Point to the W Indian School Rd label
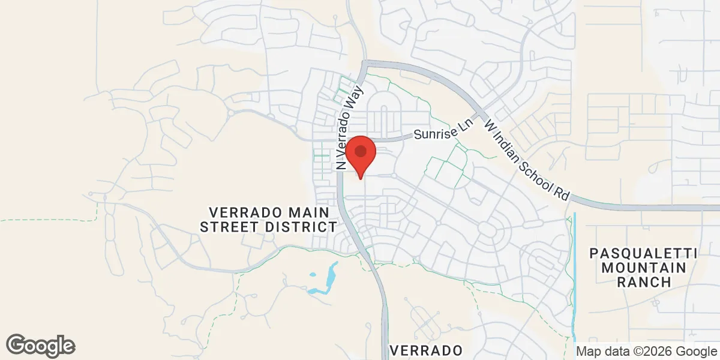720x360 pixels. (527, 159)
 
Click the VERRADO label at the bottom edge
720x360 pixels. (426, 350)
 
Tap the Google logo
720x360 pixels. (41, 346)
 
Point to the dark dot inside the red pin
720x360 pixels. (360, 150)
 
